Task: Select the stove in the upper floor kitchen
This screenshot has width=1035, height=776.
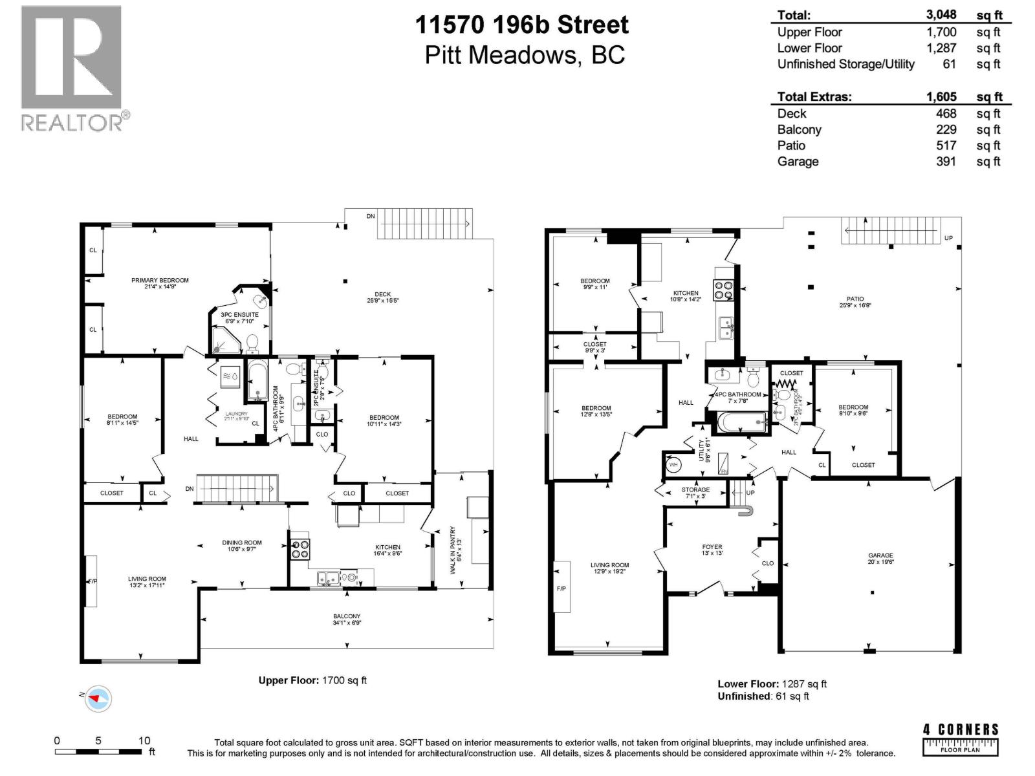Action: tap(300, 549)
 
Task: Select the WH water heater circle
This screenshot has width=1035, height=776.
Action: tap(673, 464)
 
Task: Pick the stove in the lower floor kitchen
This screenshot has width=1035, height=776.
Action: tap(723, 290)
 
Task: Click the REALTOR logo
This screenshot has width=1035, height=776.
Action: tap(72, 68)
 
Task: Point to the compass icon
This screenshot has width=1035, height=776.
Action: tap(98, 698)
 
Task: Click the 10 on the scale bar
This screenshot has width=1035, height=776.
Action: tap(144, 741)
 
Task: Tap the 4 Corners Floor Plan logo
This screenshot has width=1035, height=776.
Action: tap(961, 739)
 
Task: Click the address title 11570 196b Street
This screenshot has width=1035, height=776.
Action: tap(521, 25)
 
